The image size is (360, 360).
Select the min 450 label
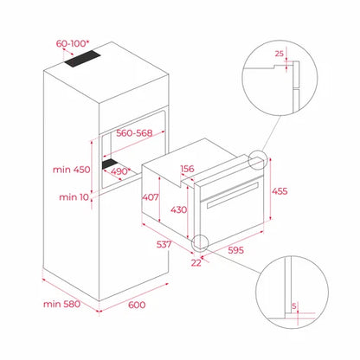[x=71, y=169]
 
